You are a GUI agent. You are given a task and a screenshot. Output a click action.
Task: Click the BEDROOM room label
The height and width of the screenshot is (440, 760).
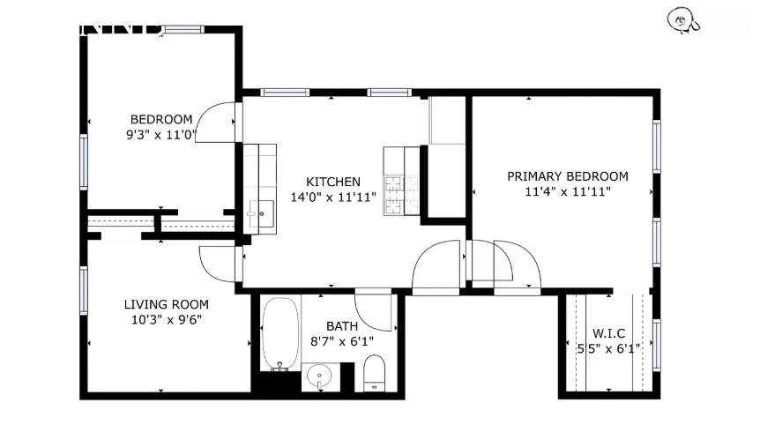(161, 120)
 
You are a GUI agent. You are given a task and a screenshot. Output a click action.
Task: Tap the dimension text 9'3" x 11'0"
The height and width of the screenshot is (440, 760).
(161, 136)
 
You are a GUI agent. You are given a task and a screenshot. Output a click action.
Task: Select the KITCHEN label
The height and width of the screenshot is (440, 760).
(332, 182)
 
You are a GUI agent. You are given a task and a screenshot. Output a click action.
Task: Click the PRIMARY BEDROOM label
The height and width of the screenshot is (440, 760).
(567, 176)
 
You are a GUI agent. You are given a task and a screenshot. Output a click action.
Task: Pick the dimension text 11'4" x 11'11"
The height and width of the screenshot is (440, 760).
(567, 191)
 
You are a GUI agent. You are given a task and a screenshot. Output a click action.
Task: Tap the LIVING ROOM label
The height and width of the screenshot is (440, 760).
(166, 304)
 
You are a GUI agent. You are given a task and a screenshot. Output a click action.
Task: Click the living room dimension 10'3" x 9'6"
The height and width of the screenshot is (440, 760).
(166, 320)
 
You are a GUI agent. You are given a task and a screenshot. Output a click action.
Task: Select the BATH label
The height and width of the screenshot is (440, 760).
(342, 326)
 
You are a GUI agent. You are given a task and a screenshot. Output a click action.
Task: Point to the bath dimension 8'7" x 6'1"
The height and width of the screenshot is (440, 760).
(342, 341)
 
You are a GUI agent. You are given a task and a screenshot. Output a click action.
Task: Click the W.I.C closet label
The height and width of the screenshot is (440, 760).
(608, 332)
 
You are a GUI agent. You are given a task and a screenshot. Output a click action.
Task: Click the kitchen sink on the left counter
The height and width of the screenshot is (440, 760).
(261, 213)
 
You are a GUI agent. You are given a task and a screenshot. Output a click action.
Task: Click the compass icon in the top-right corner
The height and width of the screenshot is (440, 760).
(682, 19)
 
